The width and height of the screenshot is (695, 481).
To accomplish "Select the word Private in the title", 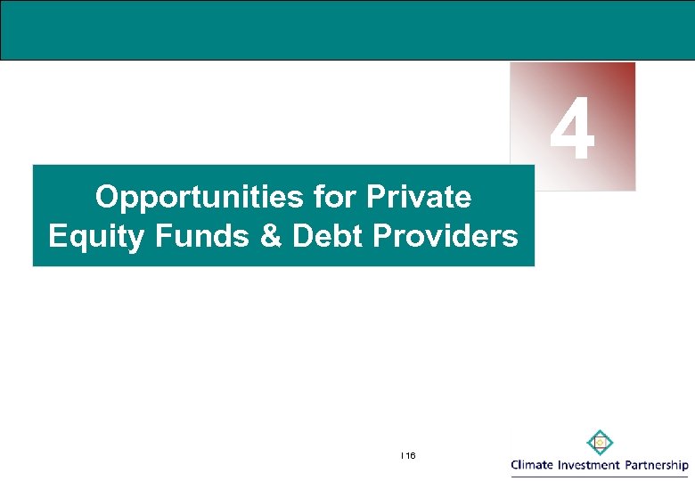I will tap(423, 197).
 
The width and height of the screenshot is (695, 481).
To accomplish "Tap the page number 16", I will tap(409, 455).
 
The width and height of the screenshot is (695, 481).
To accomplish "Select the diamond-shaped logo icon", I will tap(600, 442).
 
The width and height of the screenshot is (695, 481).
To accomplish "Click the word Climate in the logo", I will tap(532, 465).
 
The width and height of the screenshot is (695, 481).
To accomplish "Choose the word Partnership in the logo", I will tap(655, 465).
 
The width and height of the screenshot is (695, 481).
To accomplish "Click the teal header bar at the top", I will tap(347, 30).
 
